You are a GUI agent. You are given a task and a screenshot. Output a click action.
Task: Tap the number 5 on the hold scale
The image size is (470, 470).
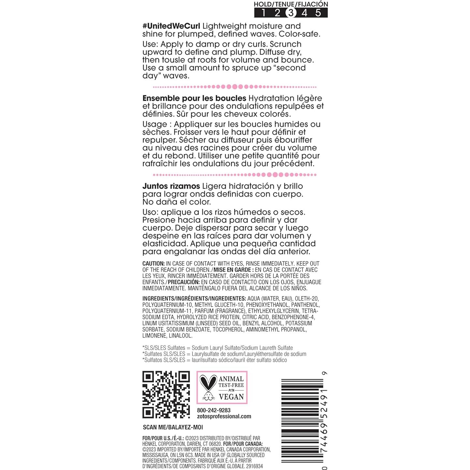(x=318, y=13)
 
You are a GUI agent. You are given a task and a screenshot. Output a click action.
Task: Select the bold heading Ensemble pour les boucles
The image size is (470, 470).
(x=194, y=98)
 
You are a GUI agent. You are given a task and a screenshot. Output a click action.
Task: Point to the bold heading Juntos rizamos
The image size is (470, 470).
(x=171, y=186)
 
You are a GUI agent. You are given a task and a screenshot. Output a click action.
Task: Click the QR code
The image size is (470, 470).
(x=166, y=394)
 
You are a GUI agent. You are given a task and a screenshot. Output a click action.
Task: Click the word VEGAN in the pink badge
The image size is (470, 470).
(x=231, y=397)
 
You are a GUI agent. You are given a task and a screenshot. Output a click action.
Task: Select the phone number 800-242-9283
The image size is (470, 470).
(x=214, y=410)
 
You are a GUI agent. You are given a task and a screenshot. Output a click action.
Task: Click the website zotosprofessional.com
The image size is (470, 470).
(x=224, y=416)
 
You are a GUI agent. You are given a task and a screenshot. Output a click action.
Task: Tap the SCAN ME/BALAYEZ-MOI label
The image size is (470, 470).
(x=173, y=427)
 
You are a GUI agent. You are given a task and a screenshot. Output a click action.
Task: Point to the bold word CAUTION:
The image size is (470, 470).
(x=154, y=263)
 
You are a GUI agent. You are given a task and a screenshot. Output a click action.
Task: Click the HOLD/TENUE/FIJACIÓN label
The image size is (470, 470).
(x=291, y=4)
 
